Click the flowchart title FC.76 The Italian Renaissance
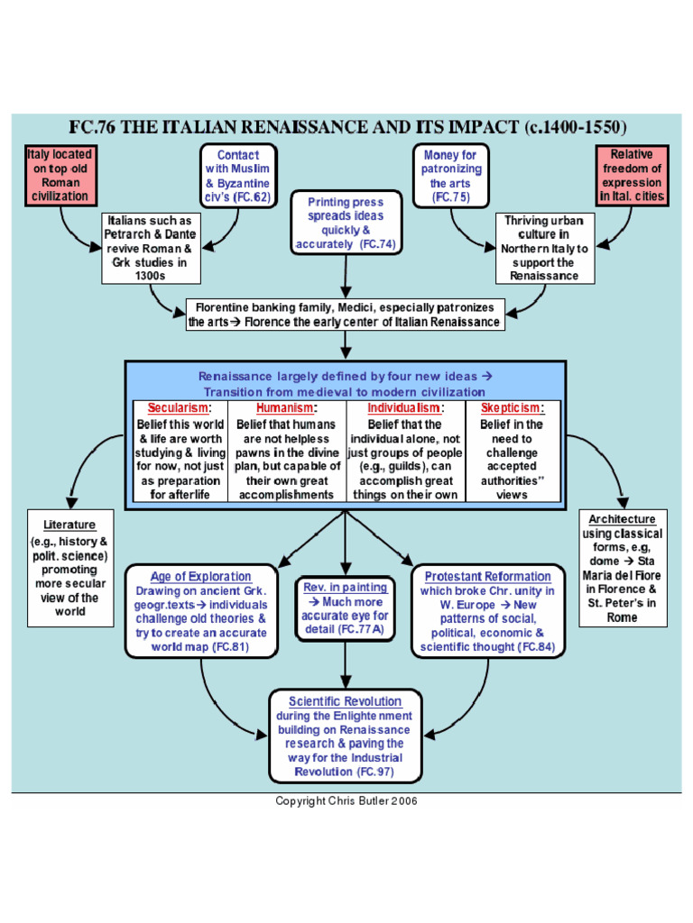click(348, 126)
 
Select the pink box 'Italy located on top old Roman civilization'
click(59, 175)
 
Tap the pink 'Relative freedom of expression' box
click(631, 175)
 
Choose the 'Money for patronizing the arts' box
click(451, 175)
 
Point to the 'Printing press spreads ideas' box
click(345, 223)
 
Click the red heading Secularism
click(178, 407)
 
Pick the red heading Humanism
click(284, 407)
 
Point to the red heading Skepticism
click(512, 407)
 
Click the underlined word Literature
click(69, 525)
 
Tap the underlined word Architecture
click(622, 519)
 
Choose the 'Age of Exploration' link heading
click(200, 577)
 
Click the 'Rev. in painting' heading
click(344, 588)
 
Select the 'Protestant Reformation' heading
click(486, 577)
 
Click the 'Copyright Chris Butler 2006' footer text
click(346, 801)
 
